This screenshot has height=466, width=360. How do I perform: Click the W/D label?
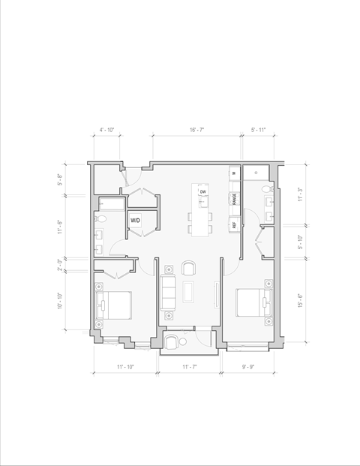[136, 221]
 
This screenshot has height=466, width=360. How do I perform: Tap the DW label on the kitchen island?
[202, 192]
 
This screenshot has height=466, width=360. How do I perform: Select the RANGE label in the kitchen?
[234, 199]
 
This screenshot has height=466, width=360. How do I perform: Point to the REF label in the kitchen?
[234, 224]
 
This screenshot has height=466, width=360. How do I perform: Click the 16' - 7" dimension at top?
[197, 131]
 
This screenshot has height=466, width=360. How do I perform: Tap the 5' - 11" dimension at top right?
[259, 131]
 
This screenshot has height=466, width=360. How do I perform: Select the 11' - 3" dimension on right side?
[300, 195]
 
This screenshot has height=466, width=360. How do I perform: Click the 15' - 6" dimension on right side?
[300, 299]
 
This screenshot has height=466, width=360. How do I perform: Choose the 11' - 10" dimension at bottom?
[124, 367]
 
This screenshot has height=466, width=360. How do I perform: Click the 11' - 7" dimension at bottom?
[189, 367]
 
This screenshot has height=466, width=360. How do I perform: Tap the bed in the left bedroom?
[114, 305]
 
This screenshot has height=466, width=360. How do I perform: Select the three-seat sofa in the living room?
[169, 293]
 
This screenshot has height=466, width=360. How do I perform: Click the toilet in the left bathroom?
[105, 218]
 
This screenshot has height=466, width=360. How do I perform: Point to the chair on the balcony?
[172, 343]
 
